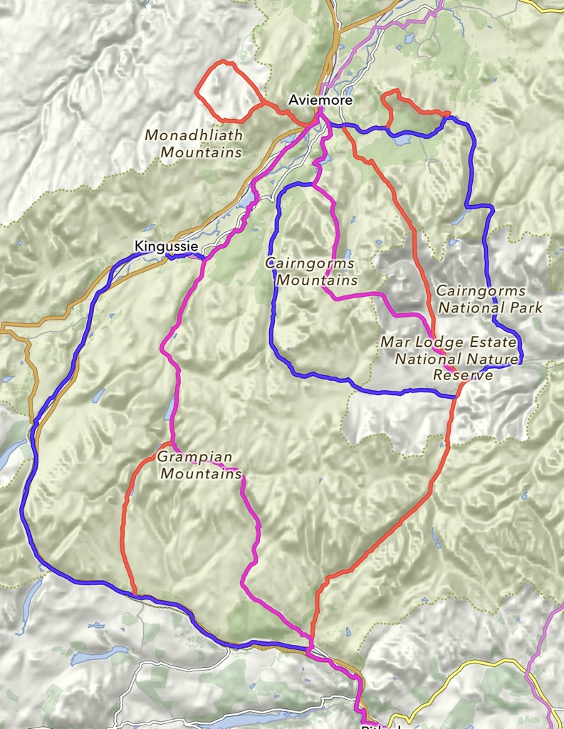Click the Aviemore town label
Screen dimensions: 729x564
coord(320,100)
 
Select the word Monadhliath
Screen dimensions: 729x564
coord(194,135)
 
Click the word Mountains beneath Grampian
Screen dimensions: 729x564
coord(202,473)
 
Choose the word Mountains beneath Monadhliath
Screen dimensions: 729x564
coord(201,152)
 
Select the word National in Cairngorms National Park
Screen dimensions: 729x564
coord(469,308)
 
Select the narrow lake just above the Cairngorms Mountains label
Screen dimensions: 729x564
coord(347,255)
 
